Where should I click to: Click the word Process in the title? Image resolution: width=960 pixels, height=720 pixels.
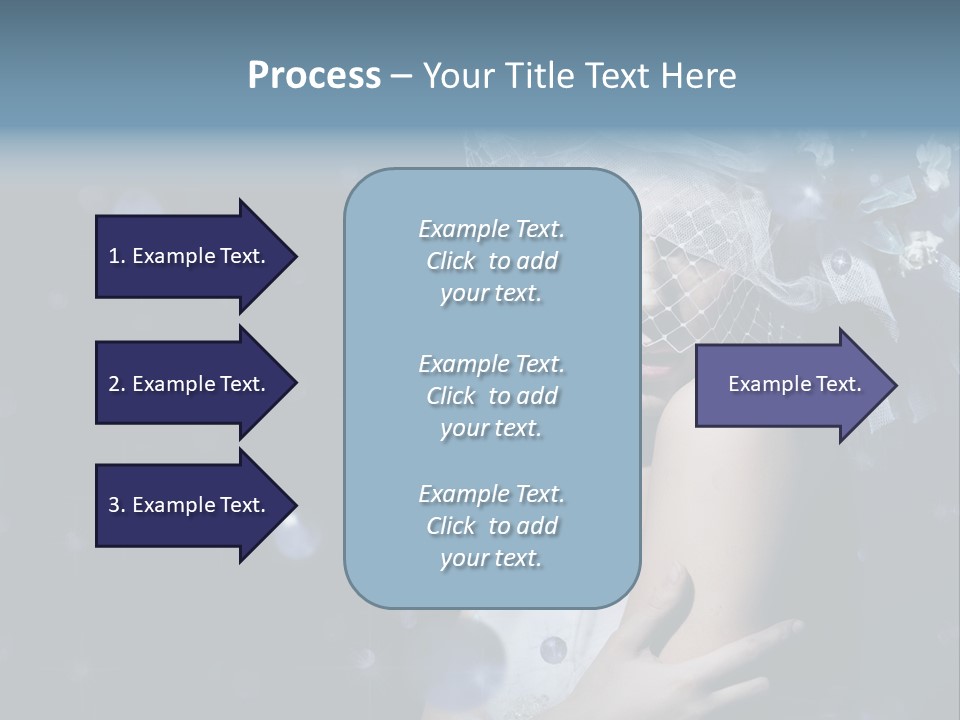pyautogui.click(x=314, y=76)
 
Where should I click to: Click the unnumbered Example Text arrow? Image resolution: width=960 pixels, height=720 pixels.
pyautogui.click(x=794, y=384)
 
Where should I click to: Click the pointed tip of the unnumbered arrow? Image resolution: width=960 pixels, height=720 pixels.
pyautogui.click(x=895, y=385)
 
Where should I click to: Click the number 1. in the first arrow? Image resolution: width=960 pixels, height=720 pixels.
pyautogui.click(x=116, y=256)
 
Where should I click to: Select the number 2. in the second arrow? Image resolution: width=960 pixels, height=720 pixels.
pyautogui.click(x=116, y=384)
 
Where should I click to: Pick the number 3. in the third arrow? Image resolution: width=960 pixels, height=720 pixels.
pyautogui.click(x=116, y=505)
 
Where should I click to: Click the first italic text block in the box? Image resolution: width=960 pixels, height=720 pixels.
pyautogui.click(x=491, y=261)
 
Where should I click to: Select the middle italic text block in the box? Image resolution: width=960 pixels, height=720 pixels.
pyautogui.click(x=491, y=395)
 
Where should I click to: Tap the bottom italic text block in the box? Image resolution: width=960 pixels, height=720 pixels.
pyautogui.click(x=491, y=525)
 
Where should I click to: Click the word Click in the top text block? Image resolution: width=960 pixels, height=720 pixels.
pyautogui.click(x=451, y=261)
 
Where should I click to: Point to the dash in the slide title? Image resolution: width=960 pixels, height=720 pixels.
pyautogui.click(x=401, y=76)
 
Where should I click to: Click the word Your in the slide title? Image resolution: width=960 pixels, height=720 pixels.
pyautogui.click(x=455, y=76)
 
